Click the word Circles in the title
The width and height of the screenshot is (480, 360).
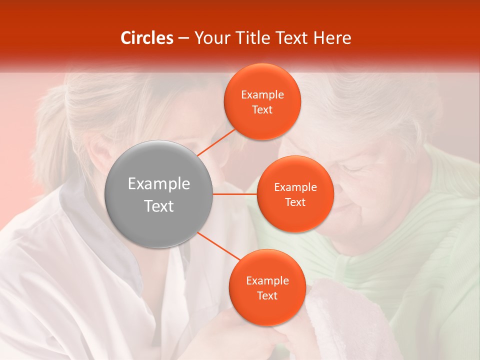pyautogui.click(x=147, y=38)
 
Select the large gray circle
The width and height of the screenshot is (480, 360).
pyautogui.click(x=159, y=194)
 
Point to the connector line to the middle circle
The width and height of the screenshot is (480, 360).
pyautogui.click(x=235, y=194)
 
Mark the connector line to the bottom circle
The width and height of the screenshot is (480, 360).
pyautogui.click(x=218, y=245)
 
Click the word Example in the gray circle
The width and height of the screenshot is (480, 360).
pyautogui.click(x=159, y=184)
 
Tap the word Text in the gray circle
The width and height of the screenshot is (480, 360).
pyautogui.click(x=159, y=206)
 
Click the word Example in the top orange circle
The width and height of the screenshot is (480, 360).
pyautogui.click(x=262, y=95)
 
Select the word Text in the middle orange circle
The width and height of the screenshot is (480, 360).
pyautogui.click(x=295, y=202)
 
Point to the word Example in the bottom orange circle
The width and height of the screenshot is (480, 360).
pyautogui.click(x=267, y=281)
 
